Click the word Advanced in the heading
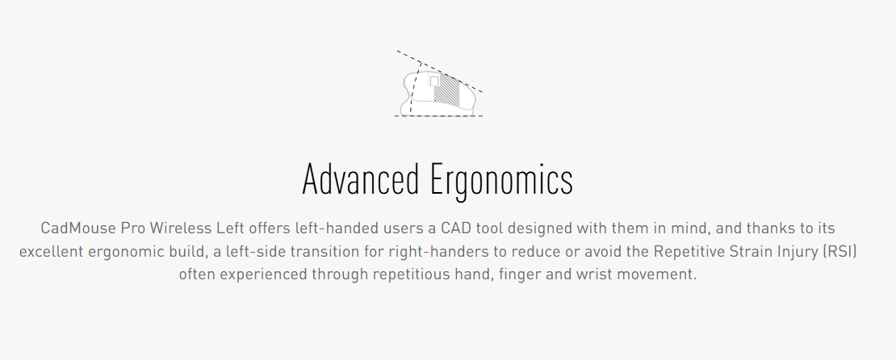point(360,179)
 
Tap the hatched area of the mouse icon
point(447,90)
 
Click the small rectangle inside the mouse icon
point(434,82)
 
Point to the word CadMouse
point(77,228)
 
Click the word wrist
point(594,274)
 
